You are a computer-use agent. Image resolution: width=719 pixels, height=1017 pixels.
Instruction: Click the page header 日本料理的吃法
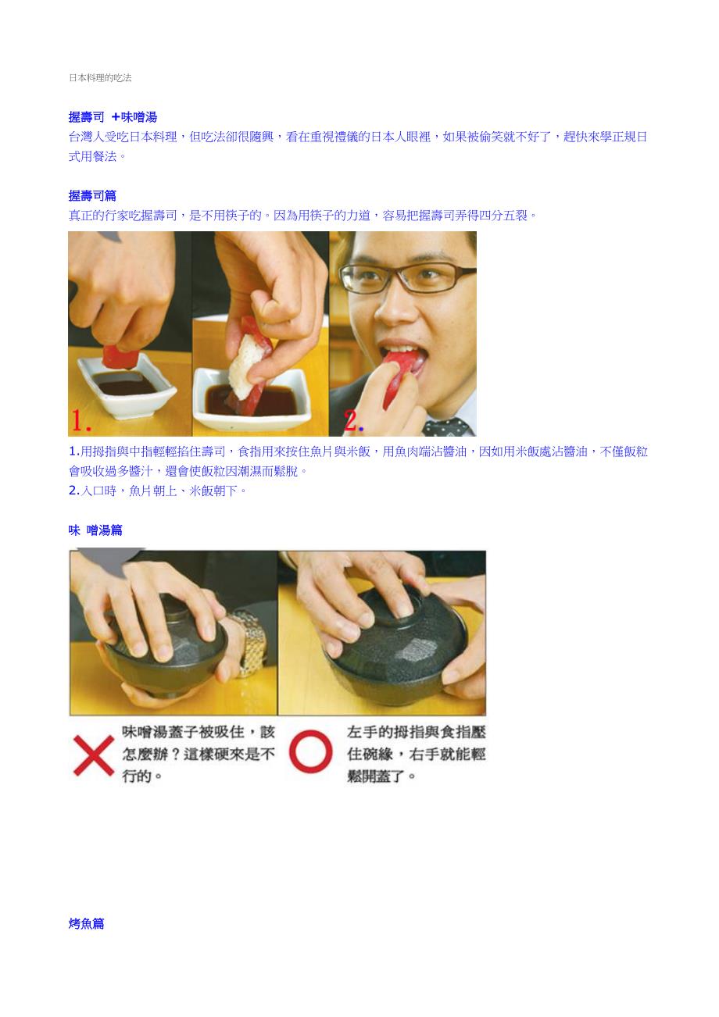[100, 77]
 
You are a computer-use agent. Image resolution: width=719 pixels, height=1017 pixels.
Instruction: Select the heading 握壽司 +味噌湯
[113, 117]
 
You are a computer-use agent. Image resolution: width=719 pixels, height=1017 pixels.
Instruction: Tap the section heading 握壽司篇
[92, 196]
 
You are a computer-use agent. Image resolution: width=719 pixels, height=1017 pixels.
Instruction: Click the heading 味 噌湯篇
[95, 530]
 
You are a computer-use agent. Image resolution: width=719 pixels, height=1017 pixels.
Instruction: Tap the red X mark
[94, 755]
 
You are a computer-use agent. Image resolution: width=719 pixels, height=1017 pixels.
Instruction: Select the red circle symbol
[311, 751]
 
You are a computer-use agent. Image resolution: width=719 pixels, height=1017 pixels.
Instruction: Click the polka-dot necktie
[447, 427]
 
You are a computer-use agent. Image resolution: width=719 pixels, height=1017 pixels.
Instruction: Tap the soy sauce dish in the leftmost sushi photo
[127, 386]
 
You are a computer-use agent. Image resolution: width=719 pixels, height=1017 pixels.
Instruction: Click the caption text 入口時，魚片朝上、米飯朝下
[161, 491]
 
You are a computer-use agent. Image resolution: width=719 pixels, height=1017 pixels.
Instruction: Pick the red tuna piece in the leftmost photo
[120, 356]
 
